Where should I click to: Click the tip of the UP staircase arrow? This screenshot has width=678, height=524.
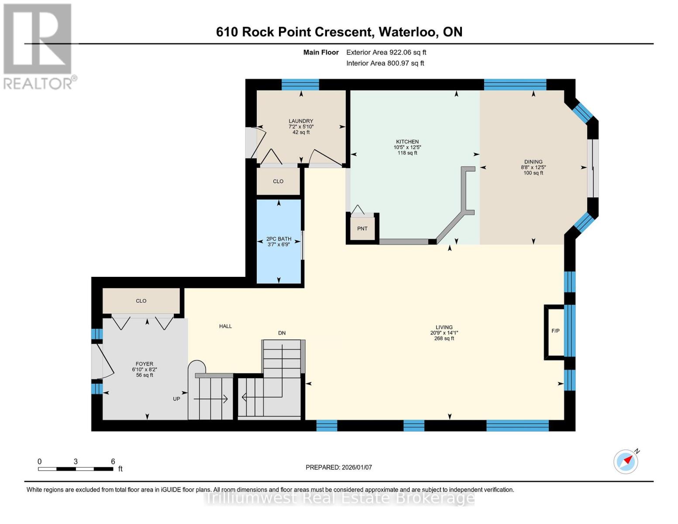pyautogui.click(x=228, y=399)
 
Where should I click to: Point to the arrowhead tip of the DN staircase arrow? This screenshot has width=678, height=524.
pyautogui.click(x=242, y=397)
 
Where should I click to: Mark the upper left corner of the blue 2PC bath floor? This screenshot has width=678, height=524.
pyautogui.click(x=257, y=200)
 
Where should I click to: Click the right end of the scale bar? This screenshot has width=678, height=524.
pyautogui.click(x=113, y=469)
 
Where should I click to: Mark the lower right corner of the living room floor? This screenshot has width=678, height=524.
pyautogui.click(x=564, y=420)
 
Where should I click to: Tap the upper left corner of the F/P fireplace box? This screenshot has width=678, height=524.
pyautogui.click(x=544, y=305)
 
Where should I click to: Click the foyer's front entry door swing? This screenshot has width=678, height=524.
pyautogui.click(x=103, y=362)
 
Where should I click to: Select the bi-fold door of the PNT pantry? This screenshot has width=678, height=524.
pyautogui.click(x=358, y=210)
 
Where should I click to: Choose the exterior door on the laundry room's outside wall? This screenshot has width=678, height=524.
pyautogui.click(x=256, y=143)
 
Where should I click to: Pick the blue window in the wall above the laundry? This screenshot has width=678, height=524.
pyautogui.click(x=300, y=85)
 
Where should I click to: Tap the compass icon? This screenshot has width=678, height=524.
pyautogui.click(x=626, y=462)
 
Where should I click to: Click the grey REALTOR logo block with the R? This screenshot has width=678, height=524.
pyautogui.click(x=38, y=39)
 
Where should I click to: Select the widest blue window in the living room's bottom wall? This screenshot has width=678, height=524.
pyautogui.click(x=517, y=425)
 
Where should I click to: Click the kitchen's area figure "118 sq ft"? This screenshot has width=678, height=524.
pyautogui.click(x=407, y=153)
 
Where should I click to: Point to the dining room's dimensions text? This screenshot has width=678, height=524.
pyautogui.click(x=533, y=167)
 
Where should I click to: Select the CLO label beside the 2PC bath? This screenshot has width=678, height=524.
pyautogui.click(x=278, y=181)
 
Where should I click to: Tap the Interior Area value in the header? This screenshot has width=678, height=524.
pyautogui.click(x=406, y=63)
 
